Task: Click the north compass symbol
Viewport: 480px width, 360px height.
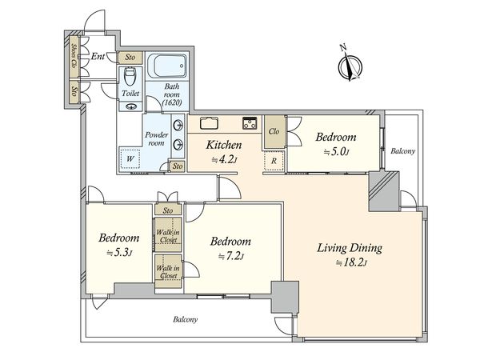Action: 350,65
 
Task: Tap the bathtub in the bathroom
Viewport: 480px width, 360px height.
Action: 167,66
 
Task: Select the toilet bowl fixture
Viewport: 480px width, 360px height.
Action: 130,77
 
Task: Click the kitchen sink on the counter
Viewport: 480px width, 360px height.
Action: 210,123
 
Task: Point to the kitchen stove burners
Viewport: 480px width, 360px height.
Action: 250,123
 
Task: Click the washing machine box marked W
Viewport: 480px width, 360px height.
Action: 130,159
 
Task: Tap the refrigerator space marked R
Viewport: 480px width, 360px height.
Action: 274,161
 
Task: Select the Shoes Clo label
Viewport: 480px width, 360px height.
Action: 74,55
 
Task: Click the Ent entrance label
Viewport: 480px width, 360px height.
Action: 98,56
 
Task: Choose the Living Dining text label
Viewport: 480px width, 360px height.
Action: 350,248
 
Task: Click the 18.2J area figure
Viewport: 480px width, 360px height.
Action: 351,263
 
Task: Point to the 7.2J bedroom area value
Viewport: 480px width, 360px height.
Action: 231,256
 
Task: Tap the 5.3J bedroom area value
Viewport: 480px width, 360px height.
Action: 119,253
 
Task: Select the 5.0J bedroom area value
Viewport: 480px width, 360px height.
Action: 336,151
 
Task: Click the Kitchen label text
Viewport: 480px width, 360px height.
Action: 224,145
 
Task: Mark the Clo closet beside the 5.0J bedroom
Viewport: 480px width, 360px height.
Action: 274,131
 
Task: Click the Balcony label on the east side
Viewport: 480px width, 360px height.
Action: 403,151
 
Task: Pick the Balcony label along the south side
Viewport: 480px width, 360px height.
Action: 186,320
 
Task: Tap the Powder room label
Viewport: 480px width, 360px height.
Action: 157,138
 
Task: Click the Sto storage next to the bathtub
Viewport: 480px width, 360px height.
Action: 130,58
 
